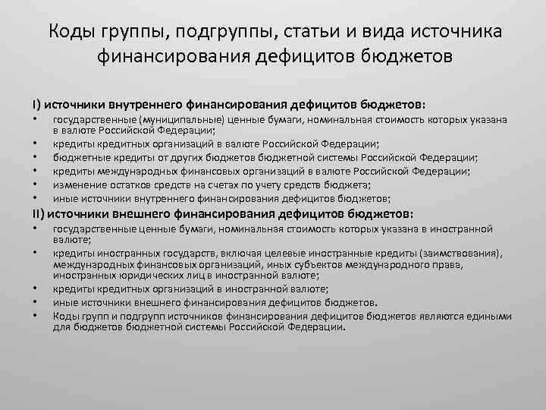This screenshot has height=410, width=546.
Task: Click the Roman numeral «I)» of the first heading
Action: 35,104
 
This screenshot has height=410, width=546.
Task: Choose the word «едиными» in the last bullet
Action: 489,316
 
